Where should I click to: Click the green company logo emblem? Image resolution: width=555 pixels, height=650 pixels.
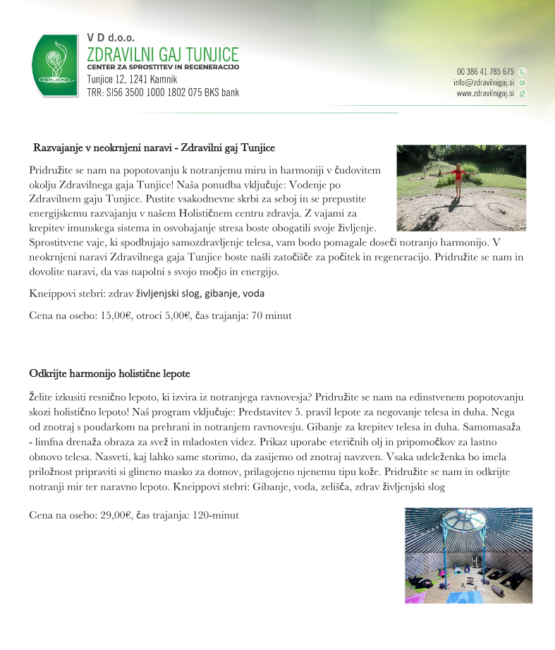54,65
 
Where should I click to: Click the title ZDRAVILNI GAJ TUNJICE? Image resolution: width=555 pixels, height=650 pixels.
162,54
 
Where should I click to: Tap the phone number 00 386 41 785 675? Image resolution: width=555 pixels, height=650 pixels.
485,71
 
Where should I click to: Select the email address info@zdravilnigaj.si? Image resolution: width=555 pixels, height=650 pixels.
484,83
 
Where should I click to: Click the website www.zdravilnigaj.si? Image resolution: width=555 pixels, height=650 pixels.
485,93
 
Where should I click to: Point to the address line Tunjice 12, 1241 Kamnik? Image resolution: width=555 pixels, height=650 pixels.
132,79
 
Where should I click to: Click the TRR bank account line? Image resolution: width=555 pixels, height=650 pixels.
163,92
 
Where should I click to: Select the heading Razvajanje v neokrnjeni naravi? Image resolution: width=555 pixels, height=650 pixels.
154,148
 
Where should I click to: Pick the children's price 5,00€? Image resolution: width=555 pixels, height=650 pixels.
174,315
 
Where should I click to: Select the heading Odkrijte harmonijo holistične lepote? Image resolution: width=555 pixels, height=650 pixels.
109,373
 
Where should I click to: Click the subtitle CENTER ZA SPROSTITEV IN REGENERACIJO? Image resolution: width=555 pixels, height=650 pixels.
163,67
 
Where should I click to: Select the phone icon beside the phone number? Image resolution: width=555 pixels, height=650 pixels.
523,71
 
